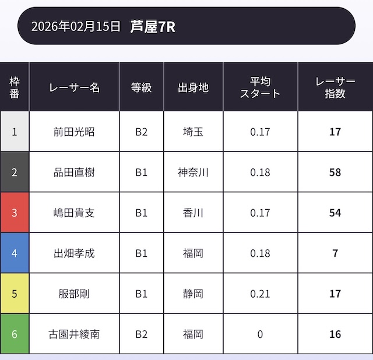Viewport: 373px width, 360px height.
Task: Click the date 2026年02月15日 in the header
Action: (76, 26)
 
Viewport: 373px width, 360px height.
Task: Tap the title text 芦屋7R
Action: (153, 26)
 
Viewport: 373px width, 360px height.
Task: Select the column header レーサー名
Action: (74, 87)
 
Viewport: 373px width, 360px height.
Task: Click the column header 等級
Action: (141, 87)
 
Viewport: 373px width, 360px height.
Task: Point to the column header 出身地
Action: (193, 87)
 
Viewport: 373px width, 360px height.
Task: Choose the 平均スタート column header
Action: (260, 87)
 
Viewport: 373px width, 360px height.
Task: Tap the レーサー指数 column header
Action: (335, 87)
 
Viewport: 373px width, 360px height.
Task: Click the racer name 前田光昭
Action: (74, 132)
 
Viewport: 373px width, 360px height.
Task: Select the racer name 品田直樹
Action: (74, 172)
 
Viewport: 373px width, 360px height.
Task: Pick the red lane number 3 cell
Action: (15, 213)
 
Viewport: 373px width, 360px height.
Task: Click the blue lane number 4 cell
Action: (15, 253)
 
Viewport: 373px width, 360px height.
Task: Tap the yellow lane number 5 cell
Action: (15, 294)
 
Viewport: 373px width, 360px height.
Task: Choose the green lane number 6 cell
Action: (15, 334)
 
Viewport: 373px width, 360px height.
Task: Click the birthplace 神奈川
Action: (193, 172)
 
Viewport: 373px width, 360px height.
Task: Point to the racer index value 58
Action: (335, 172)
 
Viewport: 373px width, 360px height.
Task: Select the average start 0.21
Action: (260, 294)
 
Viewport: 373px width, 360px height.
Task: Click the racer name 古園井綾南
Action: (74, 334)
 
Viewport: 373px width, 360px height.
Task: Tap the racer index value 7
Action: (335, 253)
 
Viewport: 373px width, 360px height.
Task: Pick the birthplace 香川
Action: (193, 213)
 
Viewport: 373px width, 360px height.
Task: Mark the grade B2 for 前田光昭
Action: (141, 132)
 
